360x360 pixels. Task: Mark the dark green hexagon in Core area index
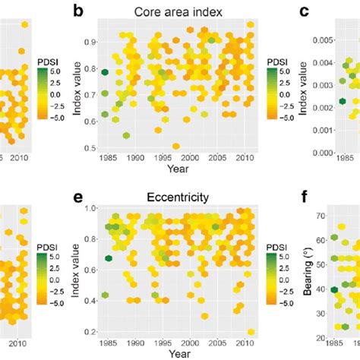click(x=105, y=72)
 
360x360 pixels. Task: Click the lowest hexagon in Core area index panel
click(x=176, y=146)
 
